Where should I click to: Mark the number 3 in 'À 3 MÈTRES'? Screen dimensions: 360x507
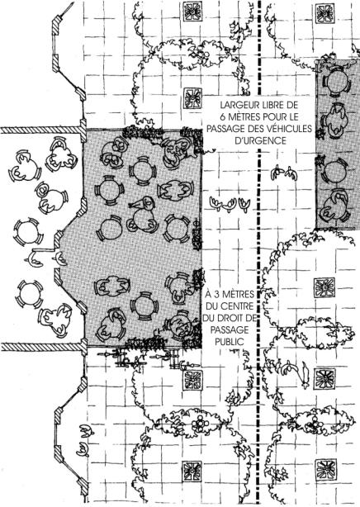point(217,295)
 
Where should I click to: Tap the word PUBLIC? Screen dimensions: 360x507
point(230,342)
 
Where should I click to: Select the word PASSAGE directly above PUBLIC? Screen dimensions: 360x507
point(230,330)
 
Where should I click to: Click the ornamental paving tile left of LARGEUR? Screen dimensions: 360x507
point(193,98)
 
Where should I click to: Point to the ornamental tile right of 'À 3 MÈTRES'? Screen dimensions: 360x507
point(324,287)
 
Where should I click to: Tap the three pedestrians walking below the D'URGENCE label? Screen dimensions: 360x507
point(230,204)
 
